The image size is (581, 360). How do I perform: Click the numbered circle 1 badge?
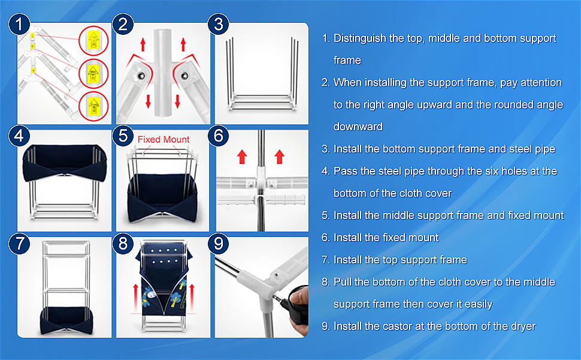(20, 25)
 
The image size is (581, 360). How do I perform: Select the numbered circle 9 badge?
(219, 244)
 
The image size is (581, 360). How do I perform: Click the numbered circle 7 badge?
(20, 244)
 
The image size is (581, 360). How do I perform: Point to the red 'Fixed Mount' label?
(164, 139)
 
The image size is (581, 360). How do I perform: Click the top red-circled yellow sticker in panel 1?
(93, 42)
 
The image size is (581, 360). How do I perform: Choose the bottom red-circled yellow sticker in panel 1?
(93, 104)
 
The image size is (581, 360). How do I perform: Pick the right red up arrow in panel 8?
(193, 295)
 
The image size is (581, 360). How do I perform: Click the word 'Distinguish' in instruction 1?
(360, 38)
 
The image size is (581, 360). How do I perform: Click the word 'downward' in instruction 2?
(358, 127)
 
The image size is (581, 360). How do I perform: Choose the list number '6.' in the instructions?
(326, 238)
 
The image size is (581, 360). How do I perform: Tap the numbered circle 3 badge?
(219, 25)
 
